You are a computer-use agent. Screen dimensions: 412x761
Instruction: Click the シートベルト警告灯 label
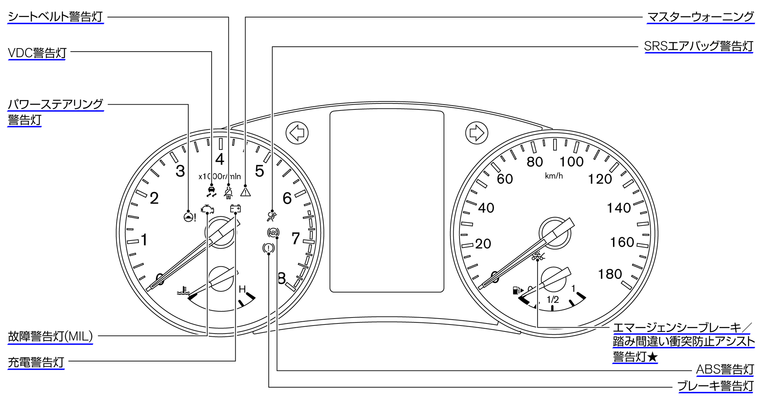55,16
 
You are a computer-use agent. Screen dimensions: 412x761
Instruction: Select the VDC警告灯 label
37,53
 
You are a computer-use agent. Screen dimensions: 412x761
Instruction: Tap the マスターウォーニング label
700,16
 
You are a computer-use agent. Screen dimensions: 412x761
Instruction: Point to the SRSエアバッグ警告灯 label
698,46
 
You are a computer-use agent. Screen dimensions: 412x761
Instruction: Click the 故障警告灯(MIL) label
50,336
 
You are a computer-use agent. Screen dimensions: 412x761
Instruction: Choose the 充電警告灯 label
36,362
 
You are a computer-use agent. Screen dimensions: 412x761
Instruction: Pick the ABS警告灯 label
725,369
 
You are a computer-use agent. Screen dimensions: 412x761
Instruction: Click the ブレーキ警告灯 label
715,386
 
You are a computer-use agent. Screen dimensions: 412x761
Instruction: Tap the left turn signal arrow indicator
297,133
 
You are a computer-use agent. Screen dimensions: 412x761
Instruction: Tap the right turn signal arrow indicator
477,133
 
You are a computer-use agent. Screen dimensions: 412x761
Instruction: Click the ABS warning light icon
273,232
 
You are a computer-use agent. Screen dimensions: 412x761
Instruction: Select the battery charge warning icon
235,208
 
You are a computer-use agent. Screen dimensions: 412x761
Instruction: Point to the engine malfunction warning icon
207,209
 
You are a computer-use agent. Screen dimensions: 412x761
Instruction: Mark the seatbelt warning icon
228,192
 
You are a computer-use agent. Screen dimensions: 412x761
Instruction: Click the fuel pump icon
517,290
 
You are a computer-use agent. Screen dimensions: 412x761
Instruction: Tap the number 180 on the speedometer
610,274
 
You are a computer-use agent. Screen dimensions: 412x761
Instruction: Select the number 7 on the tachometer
296,239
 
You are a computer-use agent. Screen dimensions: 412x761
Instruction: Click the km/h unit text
554,176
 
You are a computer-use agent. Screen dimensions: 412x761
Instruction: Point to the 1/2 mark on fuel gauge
552,299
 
